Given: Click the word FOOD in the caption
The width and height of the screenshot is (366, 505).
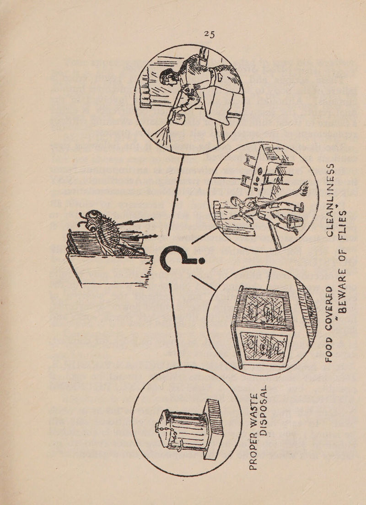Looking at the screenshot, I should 330,345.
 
